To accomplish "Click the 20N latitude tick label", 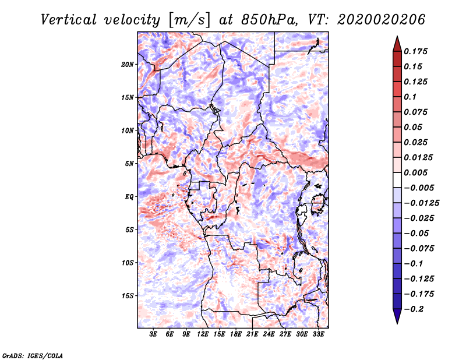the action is (x=128, y=64).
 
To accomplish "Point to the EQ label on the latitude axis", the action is (x=129, y=196).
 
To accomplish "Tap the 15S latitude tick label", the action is (x=128, y=296).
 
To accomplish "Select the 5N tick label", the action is (x=129, y=164).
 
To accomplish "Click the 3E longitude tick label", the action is (x=153, y=334).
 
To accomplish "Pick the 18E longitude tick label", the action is (x=236, y=334).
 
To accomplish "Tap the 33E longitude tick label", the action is (x=318, y=334).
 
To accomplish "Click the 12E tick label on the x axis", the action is (x=203, y=334).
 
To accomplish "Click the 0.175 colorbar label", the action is (x=415, y=51).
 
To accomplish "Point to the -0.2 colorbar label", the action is (x=414, y=309).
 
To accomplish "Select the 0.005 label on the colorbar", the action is (x=415, y=172).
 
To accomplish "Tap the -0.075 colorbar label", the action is (x=419, y=248).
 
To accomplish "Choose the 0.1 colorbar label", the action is (x=410, y=97).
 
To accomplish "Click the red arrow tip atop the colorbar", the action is (x=397, y=37).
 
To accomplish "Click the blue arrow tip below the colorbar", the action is (x=397, y=323).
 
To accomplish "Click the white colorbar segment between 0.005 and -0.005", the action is (x=397, y=180).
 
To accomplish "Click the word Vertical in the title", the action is (x=69, y=20).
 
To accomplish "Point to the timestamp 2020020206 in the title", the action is (x=382, y=20).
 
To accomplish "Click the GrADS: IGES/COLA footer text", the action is (x=33, y=355).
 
